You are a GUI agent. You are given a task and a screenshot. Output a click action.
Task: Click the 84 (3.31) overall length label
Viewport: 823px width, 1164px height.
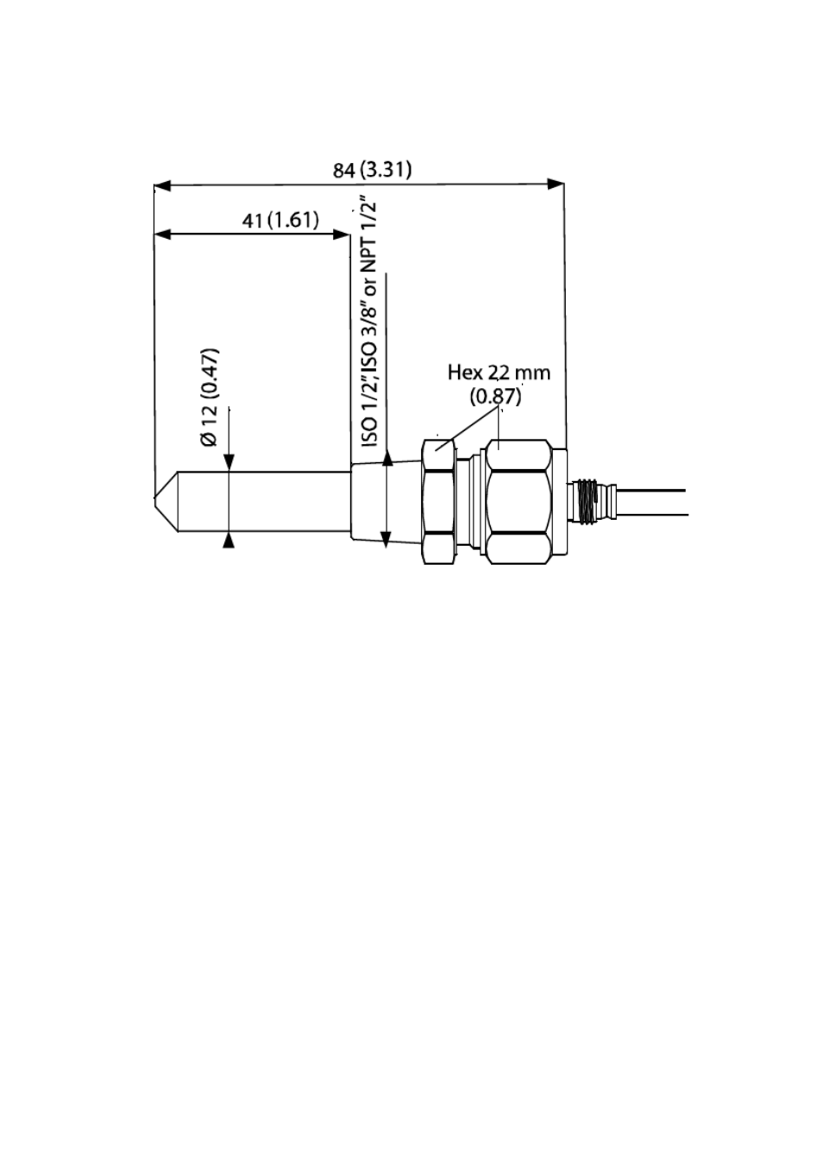coord(372,170)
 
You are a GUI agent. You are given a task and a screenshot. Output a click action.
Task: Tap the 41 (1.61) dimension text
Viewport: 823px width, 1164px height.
coord(280,221)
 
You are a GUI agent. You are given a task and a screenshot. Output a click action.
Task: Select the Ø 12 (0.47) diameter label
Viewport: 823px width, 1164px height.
coord(210,397)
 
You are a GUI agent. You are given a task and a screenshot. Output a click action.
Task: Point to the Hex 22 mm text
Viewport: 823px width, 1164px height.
coord(499,372)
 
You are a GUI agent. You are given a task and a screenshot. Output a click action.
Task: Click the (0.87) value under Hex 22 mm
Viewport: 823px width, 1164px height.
coord(495,397)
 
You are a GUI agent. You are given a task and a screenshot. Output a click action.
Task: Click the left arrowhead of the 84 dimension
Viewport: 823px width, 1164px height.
coord(163,186)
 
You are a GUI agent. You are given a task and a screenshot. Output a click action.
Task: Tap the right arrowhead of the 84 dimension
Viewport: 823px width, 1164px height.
coord(556,184)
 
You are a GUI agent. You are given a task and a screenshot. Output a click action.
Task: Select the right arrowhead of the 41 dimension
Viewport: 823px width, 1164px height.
coord(342,235)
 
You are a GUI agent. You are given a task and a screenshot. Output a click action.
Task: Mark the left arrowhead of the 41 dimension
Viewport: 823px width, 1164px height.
coord(163,235)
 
